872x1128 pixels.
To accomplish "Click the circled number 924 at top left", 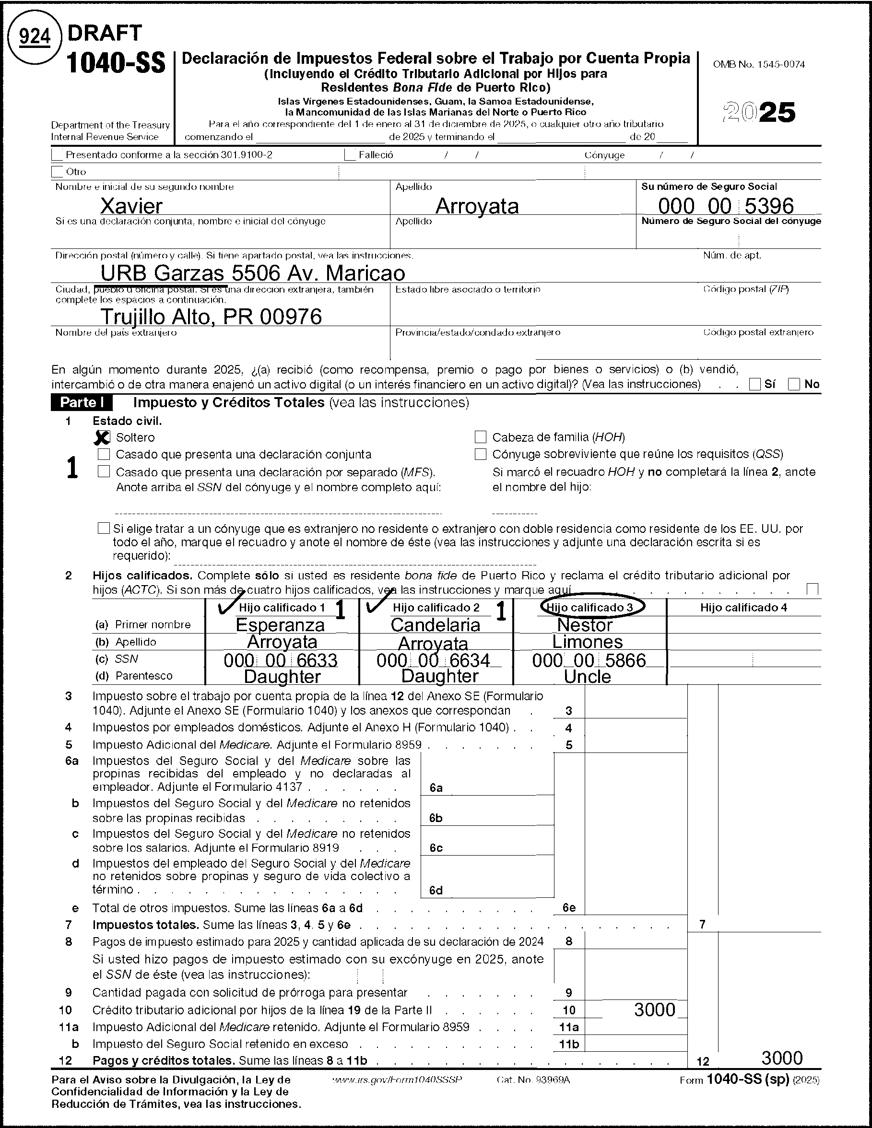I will coord(35,36).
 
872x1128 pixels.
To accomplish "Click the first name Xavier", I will coord(131,206).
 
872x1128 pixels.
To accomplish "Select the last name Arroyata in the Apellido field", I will coord(477,206).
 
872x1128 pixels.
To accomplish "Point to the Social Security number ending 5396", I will coord(725,206).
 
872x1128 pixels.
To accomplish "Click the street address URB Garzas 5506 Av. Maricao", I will coord(253,273).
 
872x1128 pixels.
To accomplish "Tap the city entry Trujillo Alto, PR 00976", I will coord(211,316).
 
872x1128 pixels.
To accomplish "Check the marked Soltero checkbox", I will coord(103,437).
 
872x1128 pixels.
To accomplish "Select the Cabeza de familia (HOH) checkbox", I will coord(481,437).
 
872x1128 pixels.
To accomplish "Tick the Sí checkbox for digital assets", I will coord(755,384).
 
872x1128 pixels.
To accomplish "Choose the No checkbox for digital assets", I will coord(794,384).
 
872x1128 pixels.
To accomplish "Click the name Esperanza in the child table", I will coord(280,625).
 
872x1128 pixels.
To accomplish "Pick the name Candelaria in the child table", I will coord(435,625).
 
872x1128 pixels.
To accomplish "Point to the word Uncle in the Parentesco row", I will coord(588,677).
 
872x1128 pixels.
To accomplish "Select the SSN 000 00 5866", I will coord(589,660).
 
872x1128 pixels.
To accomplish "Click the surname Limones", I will coord(588,642).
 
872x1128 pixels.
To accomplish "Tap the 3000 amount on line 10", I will coord(655,1010).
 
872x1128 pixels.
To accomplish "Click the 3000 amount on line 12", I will coord(782,1058).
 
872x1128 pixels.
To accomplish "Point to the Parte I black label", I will coord(82,402).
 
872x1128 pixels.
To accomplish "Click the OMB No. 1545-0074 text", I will coord(758,65).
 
